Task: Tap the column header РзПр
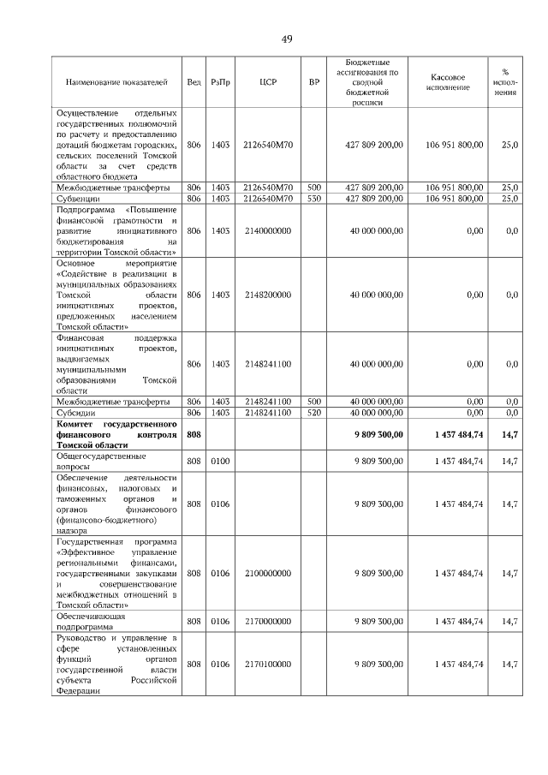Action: click(x=220, y=82)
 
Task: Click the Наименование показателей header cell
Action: click(x=117, y=82)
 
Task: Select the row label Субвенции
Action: click(x=78, y=198)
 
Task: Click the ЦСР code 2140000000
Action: click(x=267, y=230)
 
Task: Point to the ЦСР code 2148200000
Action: click(x=267, y=295)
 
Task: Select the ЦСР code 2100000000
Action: click(x=267, y=572)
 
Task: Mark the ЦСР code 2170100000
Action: click(x=267, y=664)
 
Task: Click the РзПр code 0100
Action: click(x=220, y=461)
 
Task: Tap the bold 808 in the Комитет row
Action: click(x=194, y=435)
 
